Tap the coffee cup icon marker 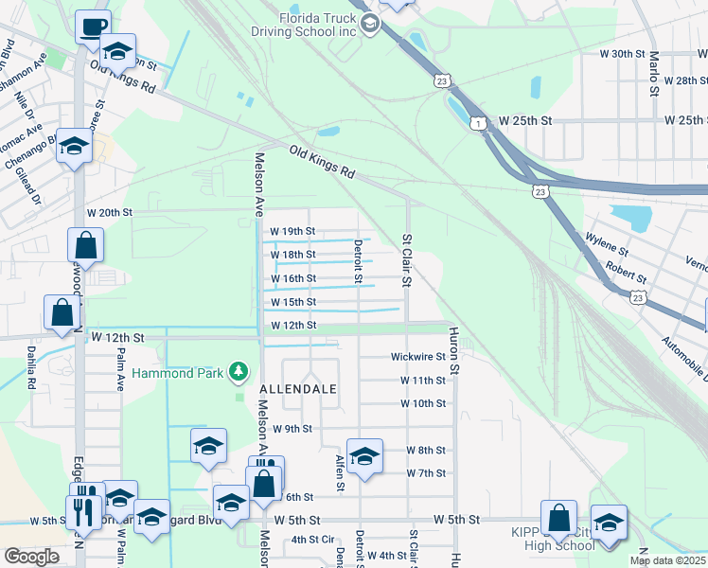[93, 27]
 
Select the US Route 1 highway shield [480, 123]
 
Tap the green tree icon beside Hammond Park [240, 371]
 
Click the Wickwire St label [417, 357]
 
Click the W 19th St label [292, 231]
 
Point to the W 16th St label [292, 278]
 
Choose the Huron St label [454, 350]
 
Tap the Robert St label [627, 275]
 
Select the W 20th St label [109, 213]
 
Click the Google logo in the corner [31, 557]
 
